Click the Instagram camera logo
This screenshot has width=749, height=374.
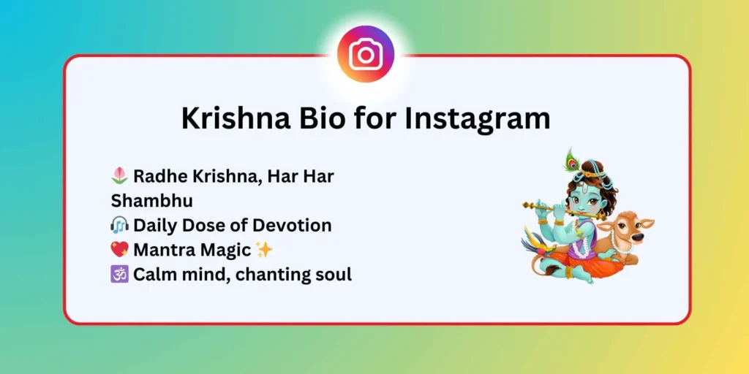click(365, 54)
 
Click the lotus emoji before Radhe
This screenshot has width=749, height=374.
click(120, 176)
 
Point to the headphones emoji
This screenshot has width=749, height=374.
click(120, 225)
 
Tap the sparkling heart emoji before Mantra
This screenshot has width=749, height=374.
click(120, 250)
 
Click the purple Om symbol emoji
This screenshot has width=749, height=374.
click(120, 275)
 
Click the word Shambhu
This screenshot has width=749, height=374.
click(152, 200)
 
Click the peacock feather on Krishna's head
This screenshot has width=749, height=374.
click(573, 159)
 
